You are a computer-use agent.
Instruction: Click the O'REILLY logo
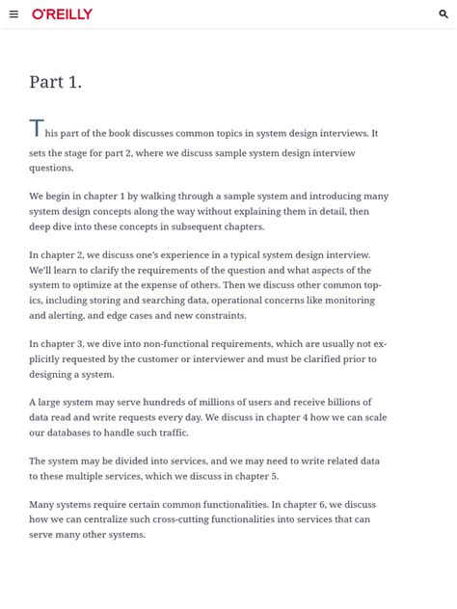click(x=63, y=14)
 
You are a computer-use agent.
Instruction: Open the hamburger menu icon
click(x=13, y=14)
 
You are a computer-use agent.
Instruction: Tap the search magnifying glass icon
click(x=444, y=14)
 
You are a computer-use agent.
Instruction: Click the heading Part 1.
click(x=55, y=83)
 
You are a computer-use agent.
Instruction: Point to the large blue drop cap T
click(x=36, y=129)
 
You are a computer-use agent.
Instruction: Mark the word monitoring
click(x=348, y=301)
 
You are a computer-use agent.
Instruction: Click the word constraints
click(x=219, y=315)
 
